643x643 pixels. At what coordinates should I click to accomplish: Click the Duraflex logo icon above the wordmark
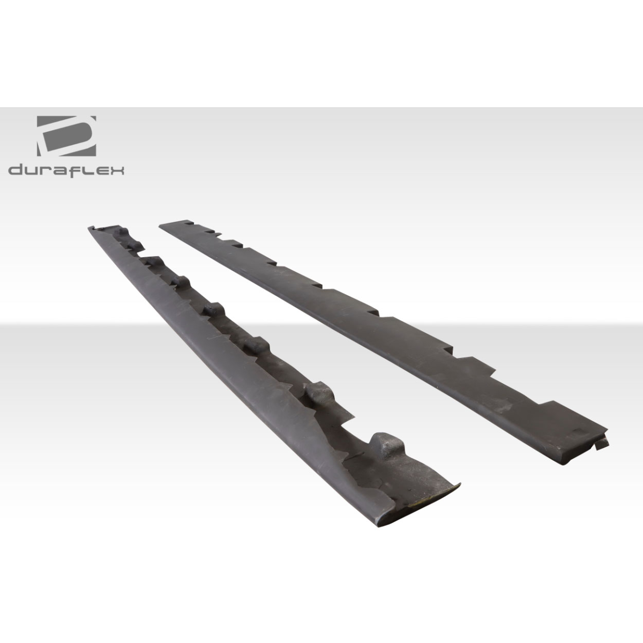click(66, 134)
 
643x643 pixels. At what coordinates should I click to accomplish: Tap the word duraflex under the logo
click(66, 171)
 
